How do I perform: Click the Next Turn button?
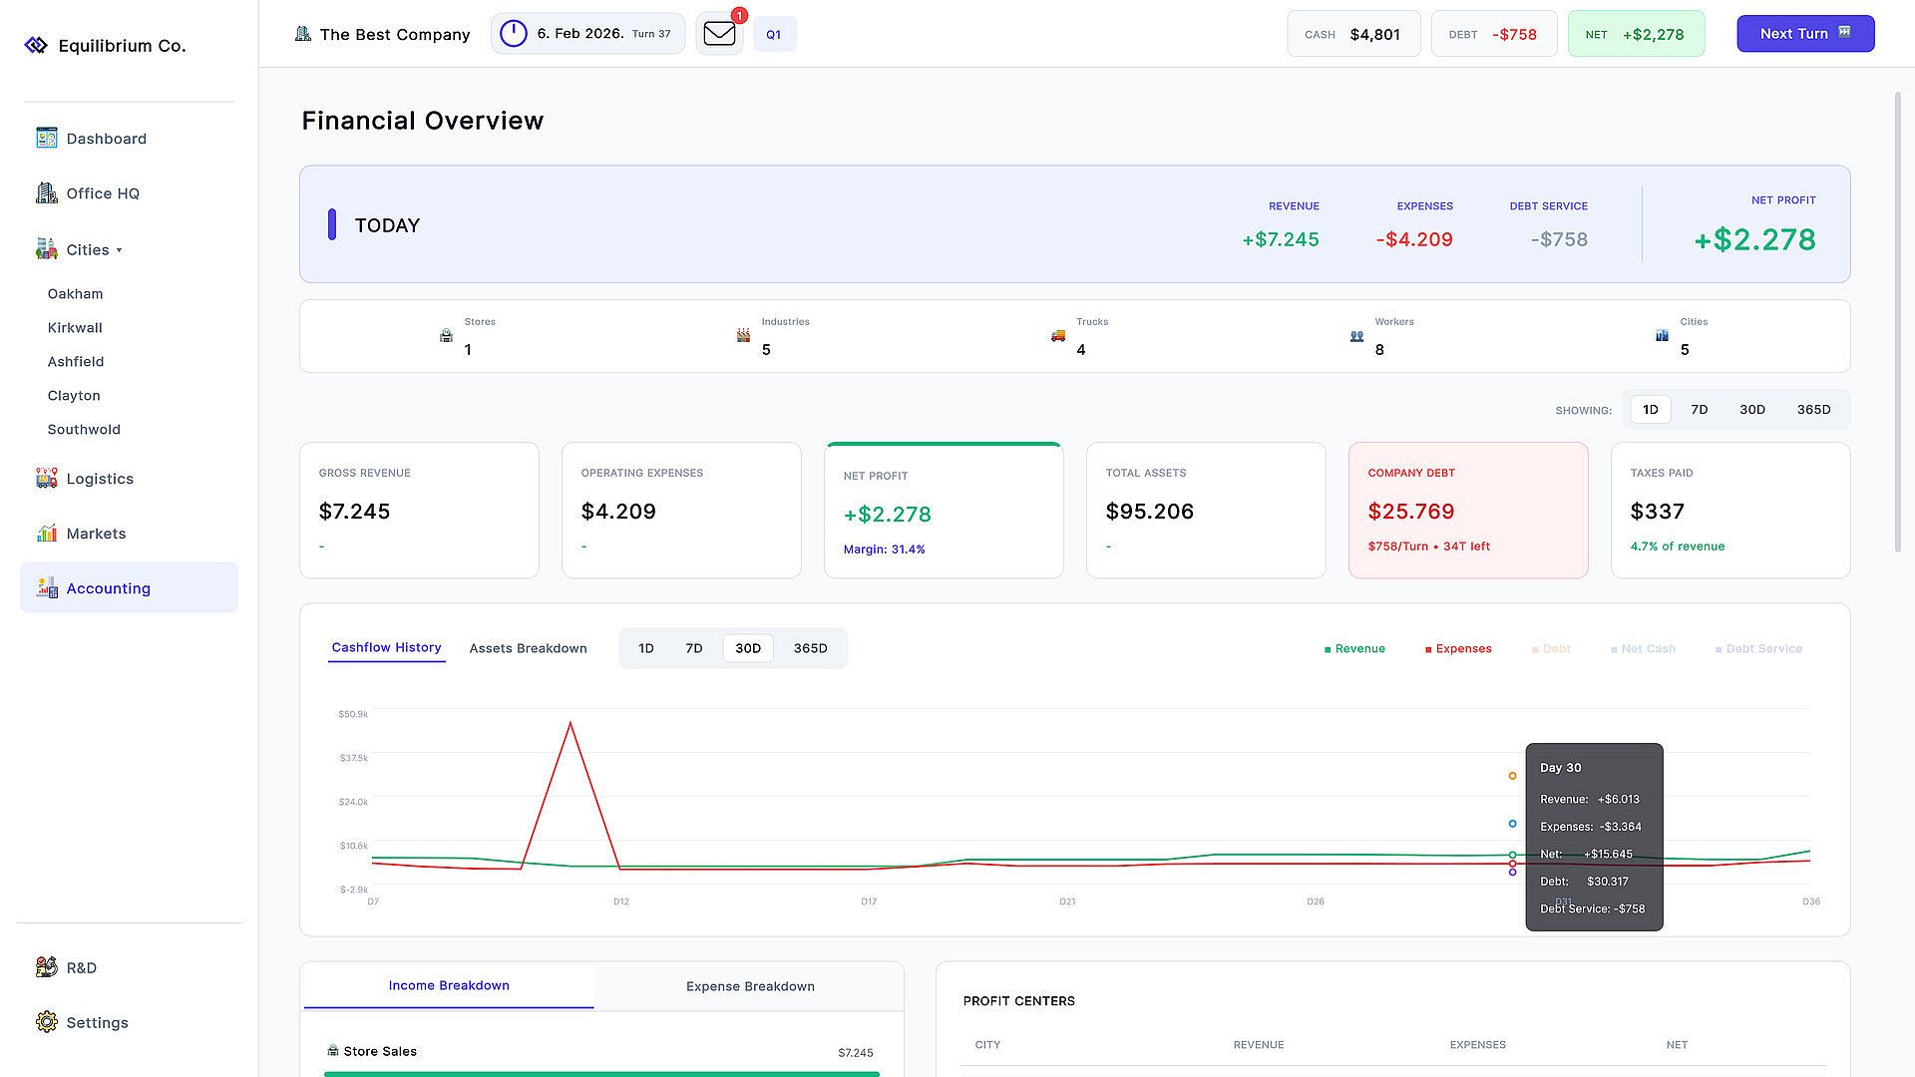[1805, 34]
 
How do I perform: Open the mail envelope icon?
[719, 34]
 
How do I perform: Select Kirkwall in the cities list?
[75, 328]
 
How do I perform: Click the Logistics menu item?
[100, 479]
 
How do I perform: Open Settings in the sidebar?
[97, 1022]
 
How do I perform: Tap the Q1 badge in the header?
[774, 34]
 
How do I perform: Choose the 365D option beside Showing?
[1813, 410]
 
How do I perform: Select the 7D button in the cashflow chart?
[694, 648]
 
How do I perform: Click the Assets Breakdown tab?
[528, 648]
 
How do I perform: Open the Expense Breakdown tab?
[750, 986]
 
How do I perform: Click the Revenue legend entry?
[1354, 649]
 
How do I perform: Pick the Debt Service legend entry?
[1758, 649]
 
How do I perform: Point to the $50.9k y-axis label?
[353, 714]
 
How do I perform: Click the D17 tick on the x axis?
[869, 901]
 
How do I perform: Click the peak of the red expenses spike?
[571, 722]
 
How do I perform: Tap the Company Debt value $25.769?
[1411, 512]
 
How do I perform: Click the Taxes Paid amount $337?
[1657, 512]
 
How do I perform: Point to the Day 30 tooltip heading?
[1560, 768]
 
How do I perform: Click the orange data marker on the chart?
[1512, 776]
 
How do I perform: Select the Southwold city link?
[84, 430]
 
